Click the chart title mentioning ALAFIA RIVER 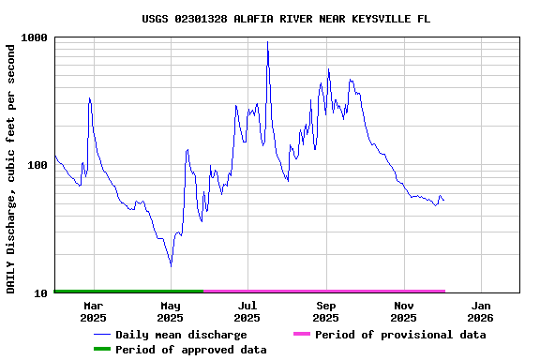(286, 19)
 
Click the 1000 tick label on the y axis (35, 37)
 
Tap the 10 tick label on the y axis (40, 293)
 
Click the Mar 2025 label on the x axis (93, 311)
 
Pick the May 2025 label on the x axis (171, 311)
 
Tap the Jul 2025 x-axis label (247, 311)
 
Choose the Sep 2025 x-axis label (326, 311)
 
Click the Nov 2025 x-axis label (404, 311)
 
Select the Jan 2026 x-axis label (481, 311)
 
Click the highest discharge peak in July (267, 42)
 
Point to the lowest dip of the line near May (171, 266)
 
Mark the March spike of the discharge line (89, 97)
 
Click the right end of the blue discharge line (443, 201)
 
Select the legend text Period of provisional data (400, 335)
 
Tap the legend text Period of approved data (191, 350)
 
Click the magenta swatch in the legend (301, 335)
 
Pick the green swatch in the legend (101, 350)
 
